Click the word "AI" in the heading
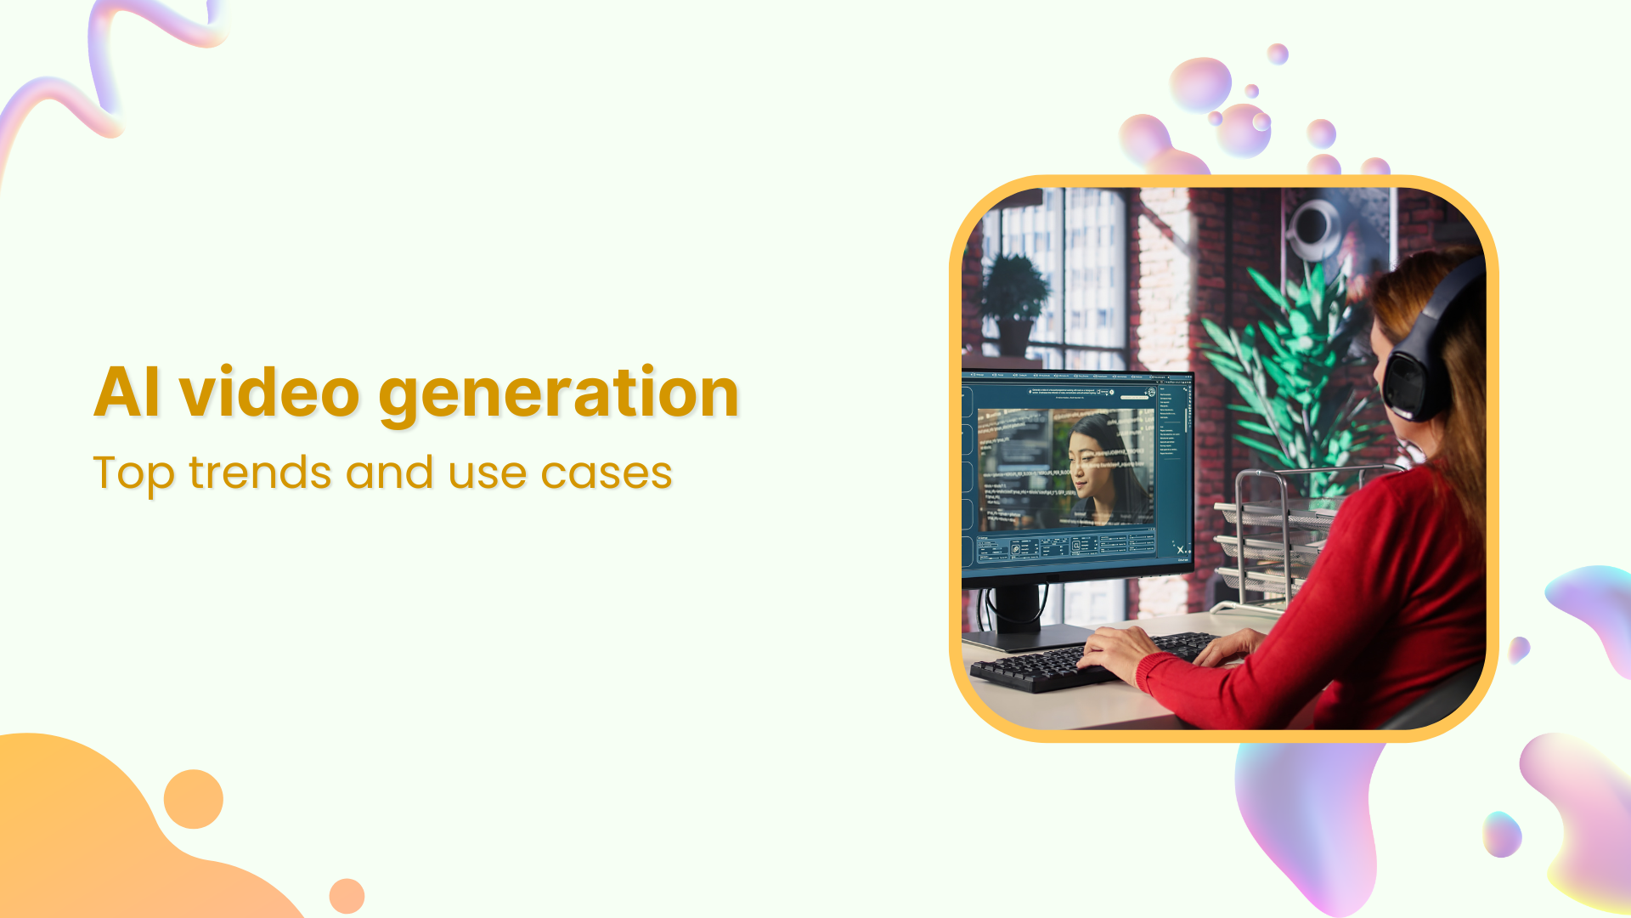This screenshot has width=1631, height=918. pos(127,392)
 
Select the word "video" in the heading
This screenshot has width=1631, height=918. pos(269,392)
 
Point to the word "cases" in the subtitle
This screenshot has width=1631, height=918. pos(607,473)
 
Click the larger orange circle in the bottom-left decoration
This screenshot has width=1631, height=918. pos(194,799)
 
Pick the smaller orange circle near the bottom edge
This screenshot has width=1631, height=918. pos(347,896)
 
